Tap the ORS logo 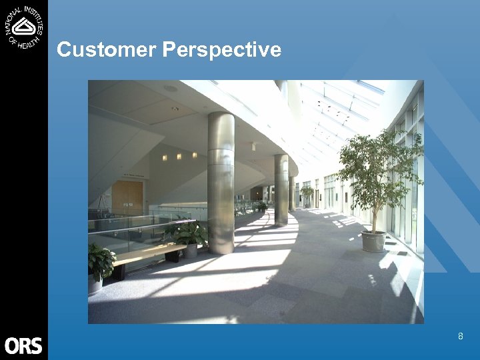tap(23, 345)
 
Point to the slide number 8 tap(460, 337)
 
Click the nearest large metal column tap(221, 183)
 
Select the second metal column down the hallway tap(281, 190)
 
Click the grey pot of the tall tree tap(373, 241)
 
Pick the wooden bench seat tap(150, 252)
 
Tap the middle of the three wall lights tap(179, 156)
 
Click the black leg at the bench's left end tap(120, 271)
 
